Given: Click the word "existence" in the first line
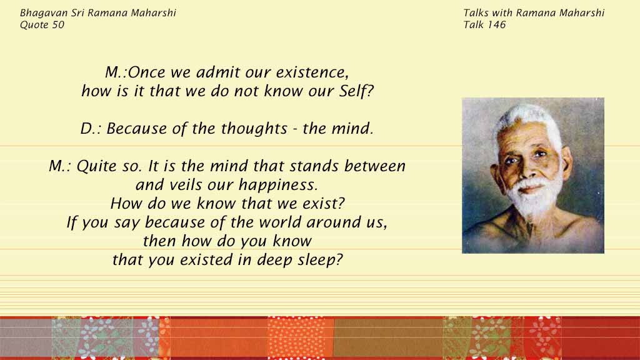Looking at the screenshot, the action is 312,72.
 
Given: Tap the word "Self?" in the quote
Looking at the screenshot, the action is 356,91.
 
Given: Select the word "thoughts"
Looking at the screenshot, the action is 254,128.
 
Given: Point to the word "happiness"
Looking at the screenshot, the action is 278,185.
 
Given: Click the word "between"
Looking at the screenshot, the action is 375,166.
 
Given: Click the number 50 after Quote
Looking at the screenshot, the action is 58,25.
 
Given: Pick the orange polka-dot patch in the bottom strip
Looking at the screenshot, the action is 301,337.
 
